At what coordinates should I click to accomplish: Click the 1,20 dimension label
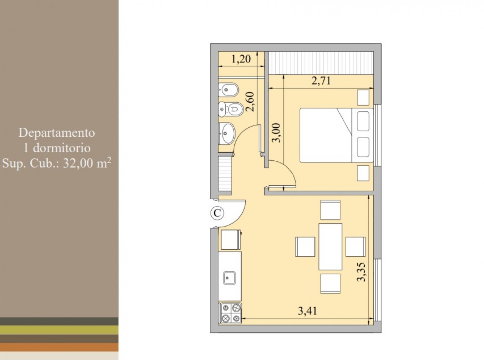pyautogui.click(x=241, y=59)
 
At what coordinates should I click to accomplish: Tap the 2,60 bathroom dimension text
pyautogui.click(x=250, y=102)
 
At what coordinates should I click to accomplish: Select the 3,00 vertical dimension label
pyautogui.click(x=276, y=132)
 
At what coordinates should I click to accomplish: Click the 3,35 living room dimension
pyautogui.click(x=361, y=272)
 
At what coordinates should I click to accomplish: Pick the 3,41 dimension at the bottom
pyautogui.click(x=308, y=311)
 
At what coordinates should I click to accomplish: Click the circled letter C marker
pyautogui.click(x=217, y=213)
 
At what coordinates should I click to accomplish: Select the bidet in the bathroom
pyautogui.click(x=228, y=90)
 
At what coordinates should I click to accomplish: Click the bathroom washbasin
pyautogui.click(x=227, y=133)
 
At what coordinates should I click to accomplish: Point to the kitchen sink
pyautogui.click(x=229, y=278)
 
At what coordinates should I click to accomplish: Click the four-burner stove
pyautogui.click(x=231, y=313)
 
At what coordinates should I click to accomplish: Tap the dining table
pyautogui.click(x=330, y=246)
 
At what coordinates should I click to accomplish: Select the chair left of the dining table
pyautogui.click(x=305, y=247)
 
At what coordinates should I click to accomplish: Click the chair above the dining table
pyautogui.click(x=330, y=210)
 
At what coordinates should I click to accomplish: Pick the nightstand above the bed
pyautogui.click(x=363, y=97)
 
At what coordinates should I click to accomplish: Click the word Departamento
pyautogui.click(x=57, y=133)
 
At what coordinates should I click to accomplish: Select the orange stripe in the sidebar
pyautogui.click(x=59, y=347)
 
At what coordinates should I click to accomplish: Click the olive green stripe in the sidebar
pyautogui.click(x=59, y=330)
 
